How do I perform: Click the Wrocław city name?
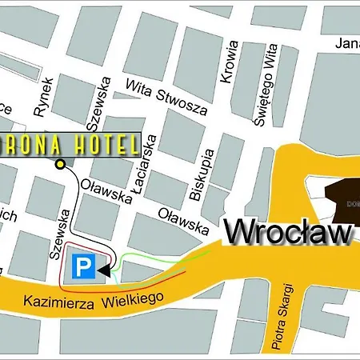288,232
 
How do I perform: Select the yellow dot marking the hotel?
61,165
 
